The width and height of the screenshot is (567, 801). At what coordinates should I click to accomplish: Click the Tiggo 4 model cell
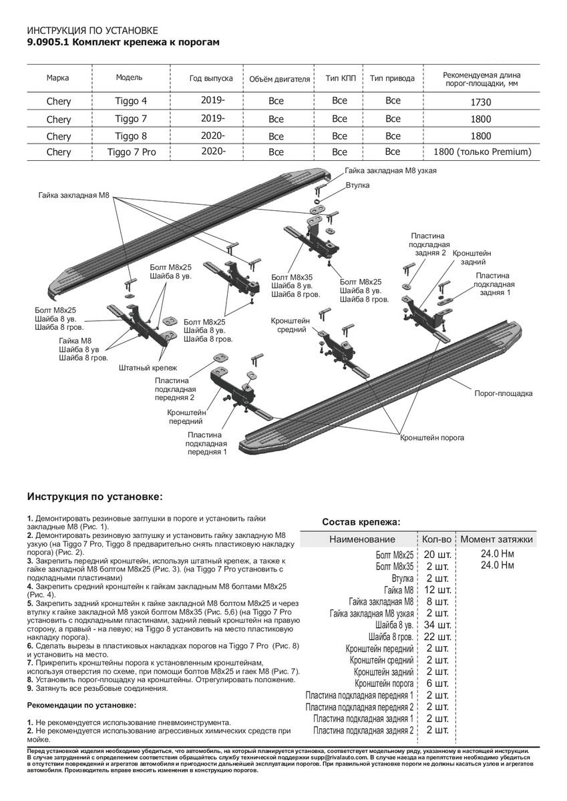pyautogui.click(x=129, y=101)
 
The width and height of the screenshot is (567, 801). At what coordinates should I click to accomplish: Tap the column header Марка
pyautogui.click(x=58, y=78)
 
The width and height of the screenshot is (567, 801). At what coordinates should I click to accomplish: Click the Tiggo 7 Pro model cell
pyautogui.click(x=132, y=152)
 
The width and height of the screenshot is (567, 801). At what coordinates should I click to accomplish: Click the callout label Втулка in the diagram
pyautogui.click(x=357, y=184)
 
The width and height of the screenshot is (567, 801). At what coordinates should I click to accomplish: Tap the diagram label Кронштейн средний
pyautogui.click(x=288, y=324)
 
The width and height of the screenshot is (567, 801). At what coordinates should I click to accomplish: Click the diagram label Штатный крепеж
pyautogui.click(x=148, y=368)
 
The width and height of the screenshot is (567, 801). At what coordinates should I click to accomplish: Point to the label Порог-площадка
pyautogui.click(x=504, y=393)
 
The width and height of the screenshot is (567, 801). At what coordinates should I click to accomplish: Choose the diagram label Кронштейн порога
pyautogui.click(x=432, y=438)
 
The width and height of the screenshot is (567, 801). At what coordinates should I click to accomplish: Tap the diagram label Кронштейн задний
pyautogui.click(x=472, y=258)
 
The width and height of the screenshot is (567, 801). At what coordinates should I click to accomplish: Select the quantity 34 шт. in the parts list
pyautogui.click(x=437, y=625)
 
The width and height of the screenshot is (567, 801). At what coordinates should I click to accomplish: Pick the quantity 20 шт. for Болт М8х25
pyautogui.click(x=437, y=555)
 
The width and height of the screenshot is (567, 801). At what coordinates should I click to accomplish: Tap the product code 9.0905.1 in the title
pyautogui.click(x=47, y=41)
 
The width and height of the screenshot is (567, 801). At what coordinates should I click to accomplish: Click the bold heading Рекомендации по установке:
pyautogui.click(x=81, y=705)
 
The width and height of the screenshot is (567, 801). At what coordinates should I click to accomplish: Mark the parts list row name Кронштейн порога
pyautogui.click(x=384, y=684)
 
